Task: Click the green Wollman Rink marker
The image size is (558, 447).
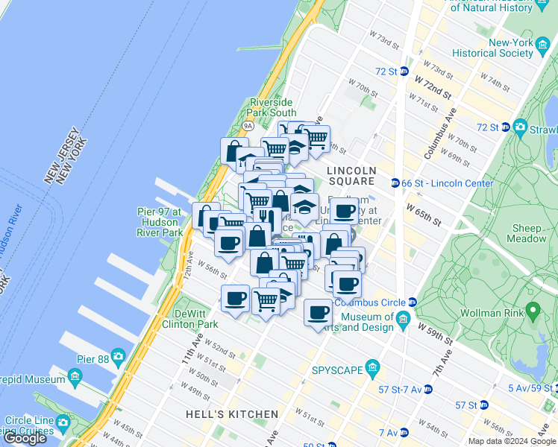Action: (x=533, y=309)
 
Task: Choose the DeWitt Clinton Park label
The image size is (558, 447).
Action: (x=195, y=319)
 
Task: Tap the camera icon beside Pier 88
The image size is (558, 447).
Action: (x=118, y=355)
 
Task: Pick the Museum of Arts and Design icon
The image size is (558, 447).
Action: (x=403, y=320)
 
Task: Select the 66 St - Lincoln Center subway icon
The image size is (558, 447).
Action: (x=395, y=183)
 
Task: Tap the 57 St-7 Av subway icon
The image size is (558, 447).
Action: (x=427, y=389)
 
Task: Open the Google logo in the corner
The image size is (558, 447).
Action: (x=25, y=438)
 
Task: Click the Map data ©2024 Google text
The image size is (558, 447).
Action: (x=512, y=441)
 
